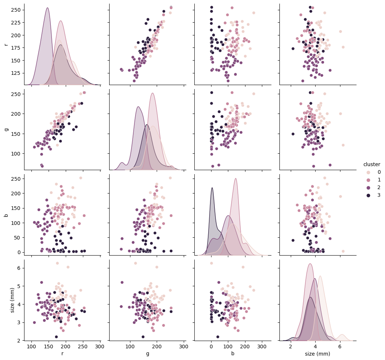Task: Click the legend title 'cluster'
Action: point(371,164)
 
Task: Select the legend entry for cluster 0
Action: point(369,172)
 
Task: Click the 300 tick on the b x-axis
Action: point(262,346)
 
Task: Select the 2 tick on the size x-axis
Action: point(291,346)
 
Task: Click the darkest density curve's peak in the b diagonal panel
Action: point(212,188)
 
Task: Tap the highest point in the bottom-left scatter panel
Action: point(57,263)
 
